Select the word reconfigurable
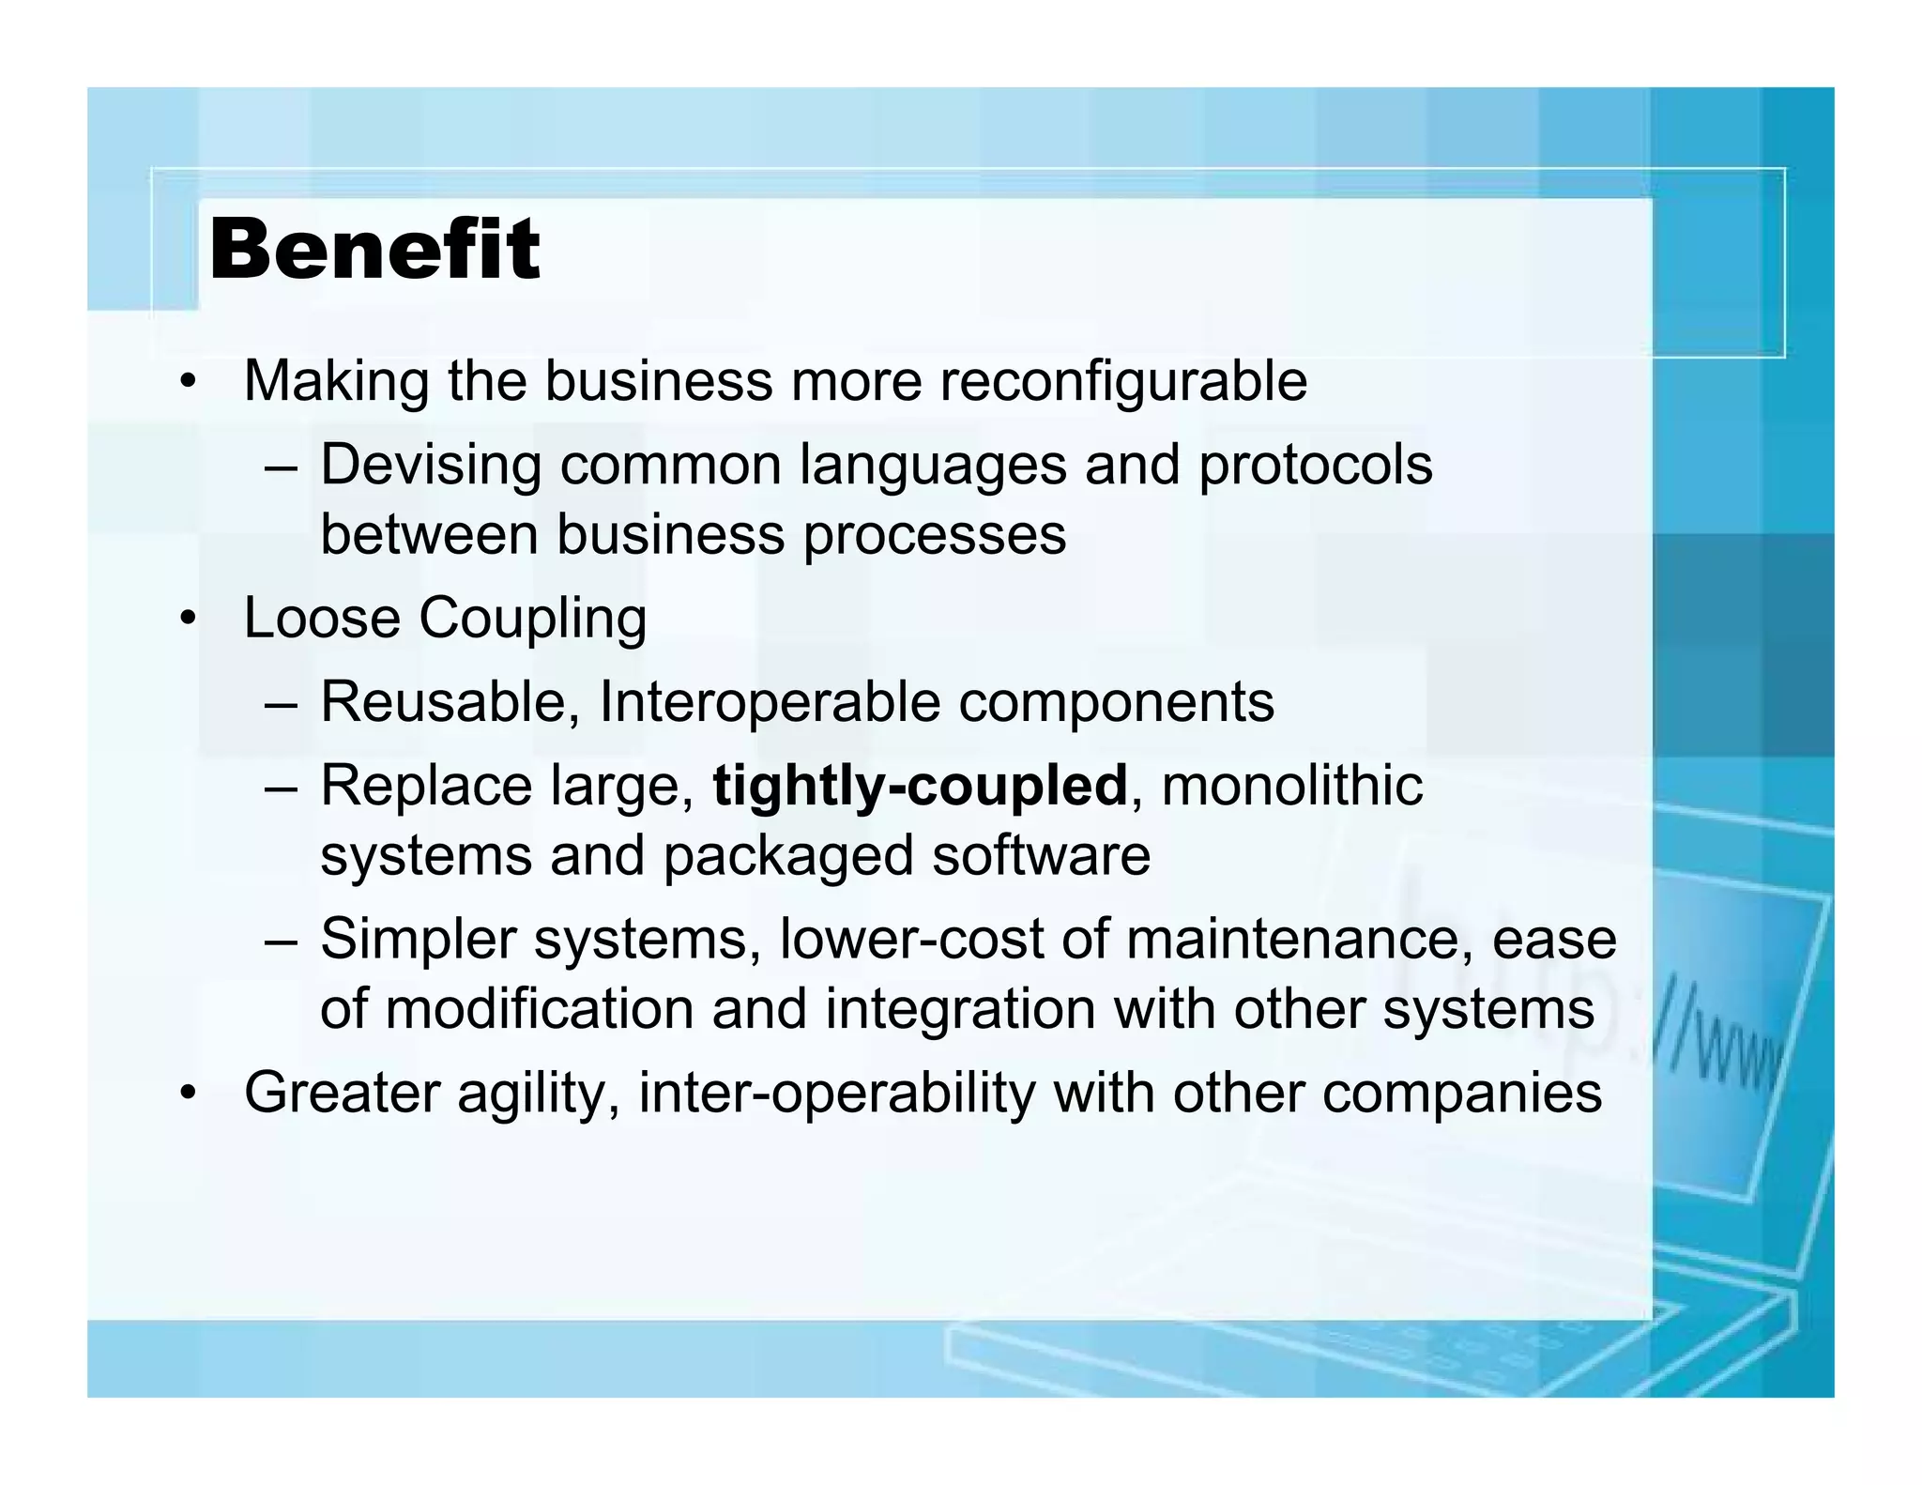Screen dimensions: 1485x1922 [1123, 382]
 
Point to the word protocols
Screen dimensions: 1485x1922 [1315, 466]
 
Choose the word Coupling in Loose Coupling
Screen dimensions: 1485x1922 [532, 620]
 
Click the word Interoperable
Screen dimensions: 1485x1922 [769, 702]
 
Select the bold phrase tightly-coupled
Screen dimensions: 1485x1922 [920, 786]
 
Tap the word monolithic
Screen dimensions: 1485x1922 [1291, 786]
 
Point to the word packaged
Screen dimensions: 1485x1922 [788, 857]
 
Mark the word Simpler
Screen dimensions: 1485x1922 [418, 940]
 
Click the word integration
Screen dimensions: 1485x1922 [960, 1011]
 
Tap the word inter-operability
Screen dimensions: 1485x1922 [836, 1095]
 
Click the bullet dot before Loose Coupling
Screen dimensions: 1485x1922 [189, 620]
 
